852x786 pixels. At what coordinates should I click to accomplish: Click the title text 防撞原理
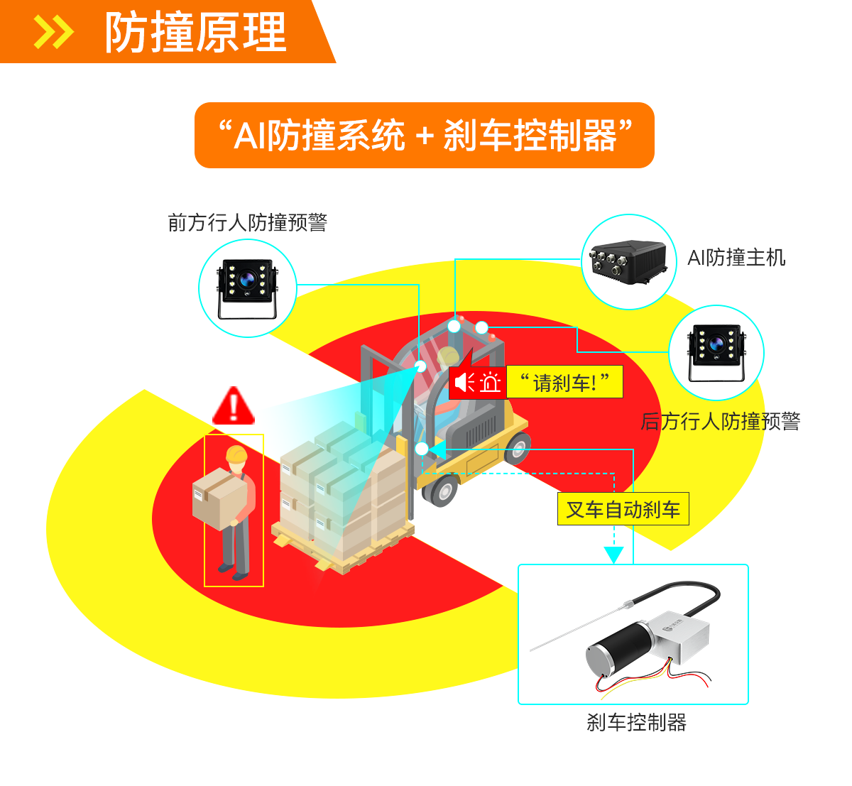coord(196,32)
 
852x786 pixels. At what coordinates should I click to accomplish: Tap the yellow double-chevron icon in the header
coord(54,32)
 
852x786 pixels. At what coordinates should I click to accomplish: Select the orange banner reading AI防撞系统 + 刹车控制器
coord(425,135)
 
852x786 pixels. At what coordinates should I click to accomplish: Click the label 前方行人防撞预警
coord(248,223)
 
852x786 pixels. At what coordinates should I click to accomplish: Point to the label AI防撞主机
coord(736,258)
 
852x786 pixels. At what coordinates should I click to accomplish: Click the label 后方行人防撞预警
coord(721,421)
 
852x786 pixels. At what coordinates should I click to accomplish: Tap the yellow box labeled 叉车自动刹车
coord(623,509)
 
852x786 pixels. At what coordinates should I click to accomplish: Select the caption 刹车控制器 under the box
coord(637,722)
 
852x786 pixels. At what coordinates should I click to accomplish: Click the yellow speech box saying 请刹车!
coord(564,382)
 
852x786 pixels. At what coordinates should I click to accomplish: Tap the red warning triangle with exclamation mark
coord(234,406)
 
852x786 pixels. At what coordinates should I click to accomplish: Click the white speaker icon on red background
coord(464,382)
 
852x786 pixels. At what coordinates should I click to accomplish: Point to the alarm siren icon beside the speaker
coord(490,382)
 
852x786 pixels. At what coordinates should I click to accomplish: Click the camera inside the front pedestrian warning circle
coord(247,288)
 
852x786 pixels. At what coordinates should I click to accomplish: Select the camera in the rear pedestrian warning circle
coord(716,352)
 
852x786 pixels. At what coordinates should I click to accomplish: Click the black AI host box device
coord(628,261)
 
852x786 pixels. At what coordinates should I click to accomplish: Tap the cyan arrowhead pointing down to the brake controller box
coord(614,555)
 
